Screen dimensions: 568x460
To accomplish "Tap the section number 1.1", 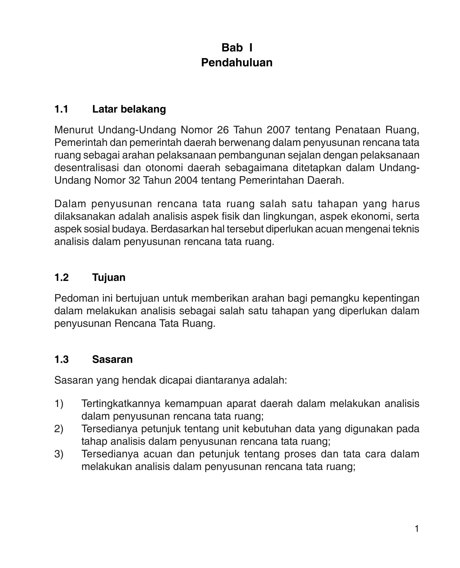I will tap(61, 109).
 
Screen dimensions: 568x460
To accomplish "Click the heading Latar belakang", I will tap(129, 109).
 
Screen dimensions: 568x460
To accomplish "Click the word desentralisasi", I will tap(86, 168).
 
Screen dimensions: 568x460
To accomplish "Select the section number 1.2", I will tap(61, 277).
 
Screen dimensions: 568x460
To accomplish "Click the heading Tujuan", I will tap(109, 277).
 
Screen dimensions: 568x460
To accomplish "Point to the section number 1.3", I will tap(61, 359).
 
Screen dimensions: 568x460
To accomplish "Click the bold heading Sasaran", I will tap(112, 359).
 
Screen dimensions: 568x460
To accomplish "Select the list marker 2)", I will tap(59, 429).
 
